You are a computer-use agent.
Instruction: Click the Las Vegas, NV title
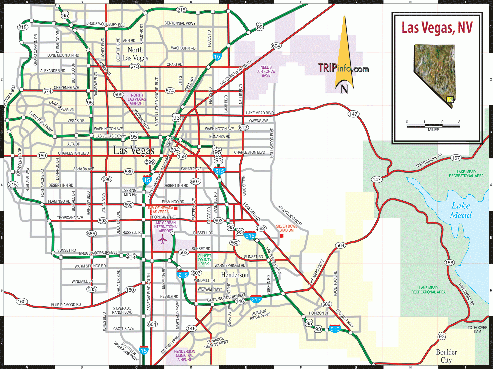(437, 28)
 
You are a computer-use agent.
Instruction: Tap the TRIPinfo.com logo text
(343, 68)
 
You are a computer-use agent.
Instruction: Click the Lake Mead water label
(461, 210)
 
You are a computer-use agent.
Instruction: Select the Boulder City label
(446, 356)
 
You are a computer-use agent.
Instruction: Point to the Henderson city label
(234, 275)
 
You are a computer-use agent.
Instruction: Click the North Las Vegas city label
(135, 54)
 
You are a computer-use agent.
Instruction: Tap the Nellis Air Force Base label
(266, 71)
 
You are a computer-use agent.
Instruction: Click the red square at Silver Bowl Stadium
(282, 236)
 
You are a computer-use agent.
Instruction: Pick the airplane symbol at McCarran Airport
(163, 239)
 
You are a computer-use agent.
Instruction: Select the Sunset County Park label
(205, 260)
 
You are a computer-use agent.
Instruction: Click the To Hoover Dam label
(477, 329)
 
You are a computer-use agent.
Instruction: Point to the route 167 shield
(456, 158)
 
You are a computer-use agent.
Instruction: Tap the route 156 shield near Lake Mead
(449, 263)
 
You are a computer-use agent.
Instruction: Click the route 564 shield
(340, 245)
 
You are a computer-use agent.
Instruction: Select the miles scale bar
(433, 126)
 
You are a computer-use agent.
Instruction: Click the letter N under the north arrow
(344, 89)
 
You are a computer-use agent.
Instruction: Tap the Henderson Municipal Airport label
(184, 355)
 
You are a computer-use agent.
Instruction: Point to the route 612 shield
(243, 128)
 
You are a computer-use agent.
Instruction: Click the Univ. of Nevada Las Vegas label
(160, 210)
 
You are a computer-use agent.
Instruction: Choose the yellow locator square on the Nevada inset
(450, 100)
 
